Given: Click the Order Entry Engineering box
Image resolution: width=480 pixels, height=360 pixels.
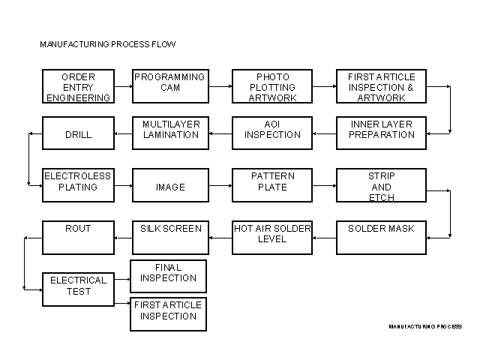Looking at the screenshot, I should [78, 87].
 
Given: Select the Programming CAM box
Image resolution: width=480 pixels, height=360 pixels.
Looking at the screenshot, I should [169, 87].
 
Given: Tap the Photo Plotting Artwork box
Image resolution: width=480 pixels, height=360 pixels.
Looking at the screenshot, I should [272, 87].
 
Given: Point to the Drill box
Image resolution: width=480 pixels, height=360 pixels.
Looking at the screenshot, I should [78, 134].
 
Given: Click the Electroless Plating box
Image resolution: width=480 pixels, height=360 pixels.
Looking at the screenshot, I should [78, 185].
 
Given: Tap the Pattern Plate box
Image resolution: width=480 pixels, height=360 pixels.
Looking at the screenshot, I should [272, 185].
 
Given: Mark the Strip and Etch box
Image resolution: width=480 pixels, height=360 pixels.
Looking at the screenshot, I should [381, 185].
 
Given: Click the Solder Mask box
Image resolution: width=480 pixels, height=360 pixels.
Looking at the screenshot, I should [381, 238].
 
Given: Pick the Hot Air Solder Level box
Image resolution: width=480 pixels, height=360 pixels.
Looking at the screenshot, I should [272, 238].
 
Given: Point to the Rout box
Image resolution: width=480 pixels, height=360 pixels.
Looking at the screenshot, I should [78, 238].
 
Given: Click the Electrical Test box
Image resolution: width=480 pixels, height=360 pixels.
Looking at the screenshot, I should [78, 289].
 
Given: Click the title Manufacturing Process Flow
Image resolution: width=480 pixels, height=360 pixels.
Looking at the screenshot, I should [107, 44].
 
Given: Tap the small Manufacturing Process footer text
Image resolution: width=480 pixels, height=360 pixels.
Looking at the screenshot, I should [425, 326].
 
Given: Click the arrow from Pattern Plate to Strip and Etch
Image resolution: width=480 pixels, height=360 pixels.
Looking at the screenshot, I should [324, 184].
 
